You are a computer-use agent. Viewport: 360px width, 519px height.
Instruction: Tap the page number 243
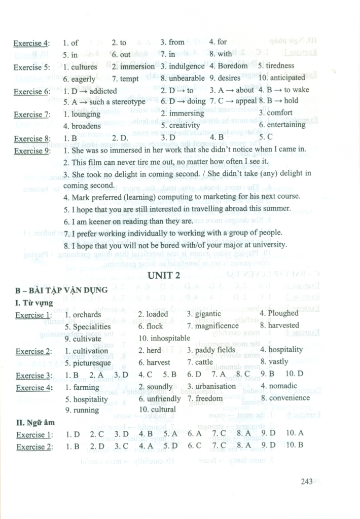point(306,481)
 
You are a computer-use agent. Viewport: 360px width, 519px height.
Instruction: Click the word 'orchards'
point(87,314)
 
